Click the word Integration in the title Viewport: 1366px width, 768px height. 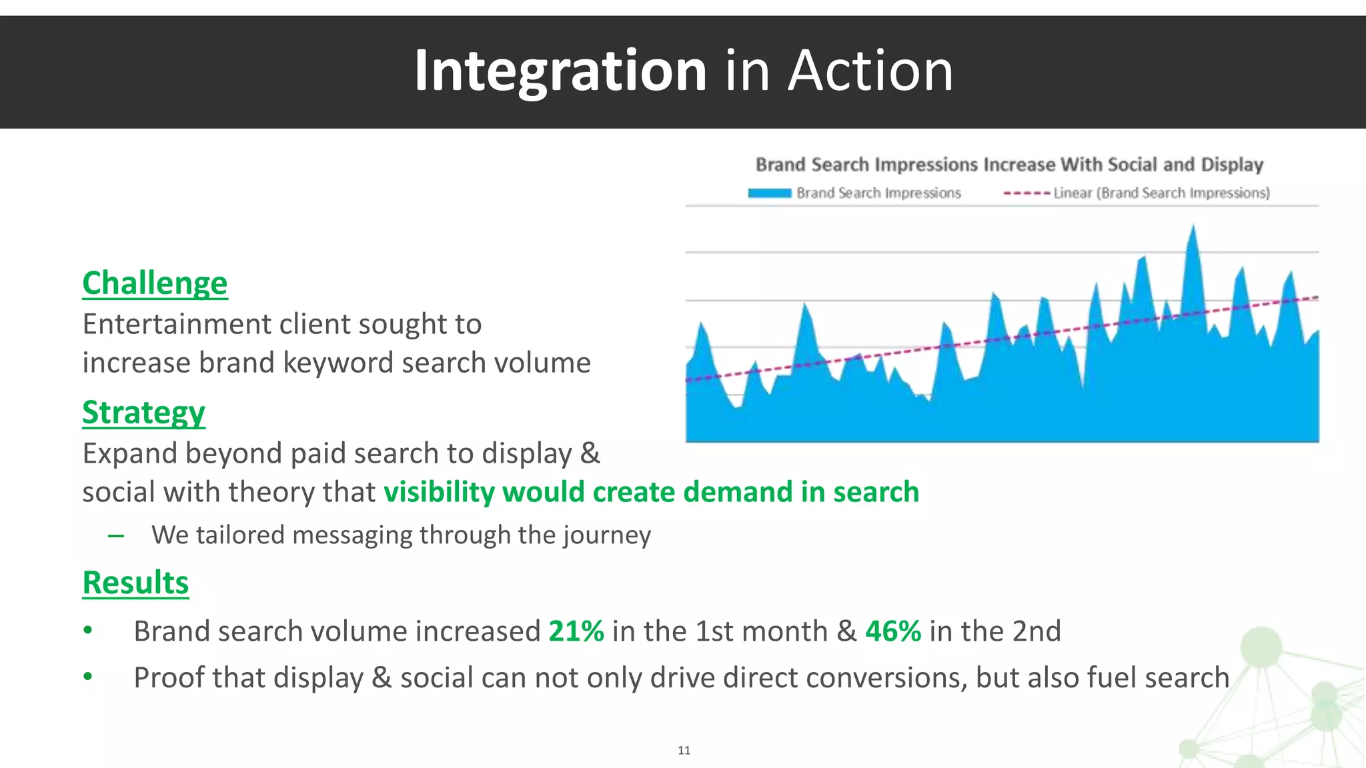(x=560, y=71)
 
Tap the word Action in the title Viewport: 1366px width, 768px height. (x=870, y=71)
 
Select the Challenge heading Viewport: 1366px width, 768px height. (x=155, y=283)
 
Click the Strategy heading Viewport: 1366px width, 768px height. (x=143, y=413)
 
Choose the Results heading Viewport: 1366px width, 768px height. (x=135, y=583)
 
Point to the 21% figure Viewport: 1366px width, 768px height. (x=576, y=631)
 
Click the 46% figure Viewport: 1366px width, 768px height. (x=893, y=631)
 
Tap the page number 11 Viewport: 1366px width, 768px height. (x=684, y=751)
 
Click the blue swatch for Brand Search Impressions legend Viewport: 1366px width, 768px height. (x=769, y=193)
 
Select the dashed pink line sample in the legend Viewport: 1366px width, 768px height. (x=1027, y=193)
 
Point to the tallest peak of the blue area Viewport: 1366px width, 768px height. (x=1193, y=230)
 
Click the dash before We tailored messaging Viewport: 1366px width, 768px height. (x=116, y=536)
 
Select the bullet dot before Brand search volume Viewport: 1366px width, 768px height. (x=88, y=631)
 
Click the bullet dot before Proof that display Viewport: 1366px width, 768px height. (x=88, y=677)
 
